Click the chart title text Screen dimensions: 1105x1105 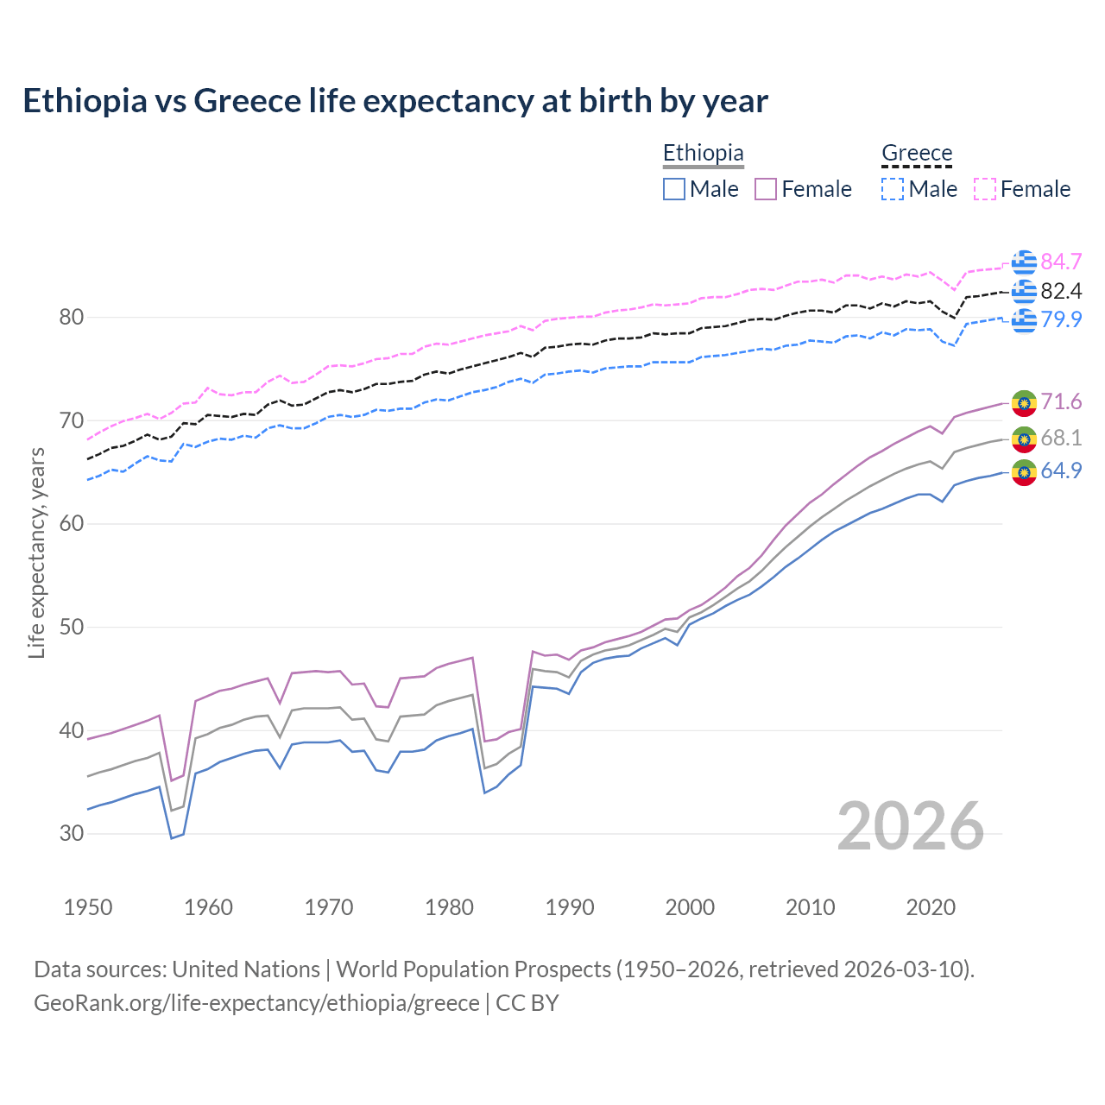click(395, 101)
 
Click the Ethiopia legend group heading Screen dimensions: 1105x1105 click(703, 153)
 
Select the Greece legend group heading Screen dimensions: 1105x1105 click(916, 153)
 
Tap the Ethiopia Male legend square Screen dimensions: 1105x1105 click(674, 189)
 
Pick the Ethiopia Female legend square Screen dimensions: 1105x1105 click(766, 189)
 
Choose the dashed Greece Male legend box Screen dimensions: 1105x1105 click(893, 189)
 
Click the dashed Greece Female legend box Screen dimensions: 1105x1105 click(985, 189)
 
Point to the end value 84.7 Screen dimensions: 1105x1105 click(1061, 262)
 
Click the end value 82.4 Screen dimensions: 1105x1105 click(1061, 291)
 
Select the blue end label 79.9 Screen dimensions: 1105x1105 click(1061, 319)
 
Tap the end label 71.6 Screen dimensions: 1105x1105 click(1061, 401)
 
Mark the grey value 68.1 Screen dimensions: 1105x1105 click(1061, 438)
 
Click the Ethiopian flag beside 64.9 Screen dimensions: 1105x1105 click(1024, 472)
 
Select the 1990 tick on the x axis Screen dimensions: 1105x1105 click(570, 907)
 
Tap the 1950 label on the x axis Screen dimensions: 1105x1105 click(88, 907)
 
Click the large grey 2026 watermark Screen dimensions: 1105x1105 click(910, 826)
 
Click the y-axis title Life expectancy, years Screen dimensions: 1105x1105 click(36, 552)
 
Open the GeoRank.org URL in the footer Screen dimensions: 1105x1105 click(256, 1002)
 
